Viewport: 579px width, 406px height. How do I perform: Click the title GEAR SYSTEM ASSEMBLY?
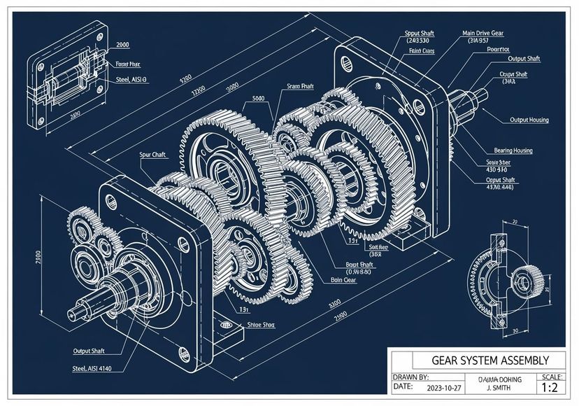click(x=480, y=360)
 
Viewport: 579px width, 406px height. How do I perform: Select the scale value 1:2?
click(x=551, y=388)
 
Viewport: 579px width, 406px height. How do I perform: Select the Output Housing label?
click(x=529, y=120)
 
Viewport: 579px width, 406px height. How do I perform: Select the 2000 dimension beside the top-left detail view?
click(x=123, y=45)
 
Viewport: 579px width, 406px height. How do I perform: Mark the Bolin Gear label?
click(x=343, y=279)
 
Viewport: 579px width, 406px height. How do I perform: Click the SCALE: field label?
click(x=551, y=377)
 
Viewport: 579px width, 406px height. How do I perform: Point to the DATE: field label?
click(x=403, y=386)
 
